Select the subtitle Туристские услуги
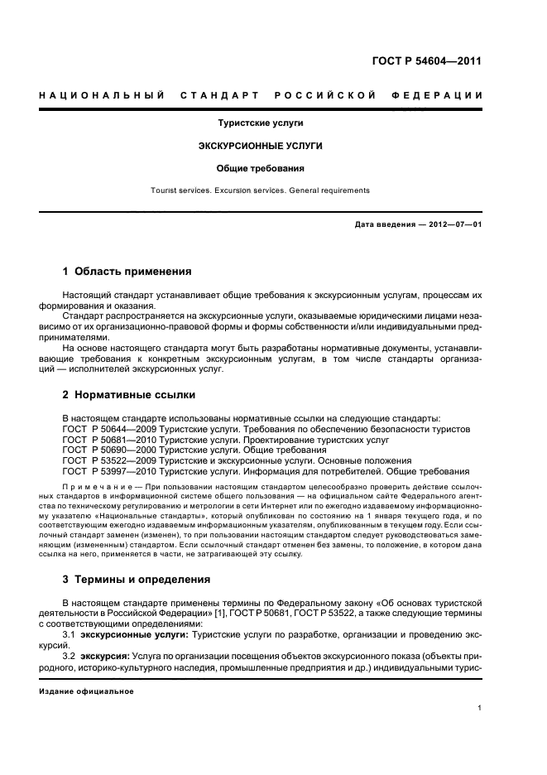[x=261, y=123]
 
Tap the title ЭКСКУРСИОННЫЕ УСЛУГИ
[x=261, y=146]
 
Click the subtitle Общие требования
[x=261, y=168]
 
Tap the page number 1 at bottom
[x=480, y=708]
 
